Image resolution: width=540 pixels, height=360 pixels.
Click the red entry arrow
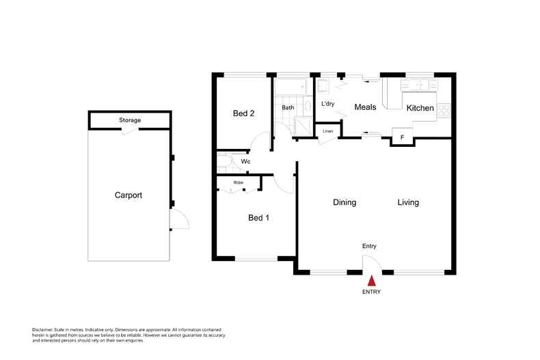click(x=371, y=280)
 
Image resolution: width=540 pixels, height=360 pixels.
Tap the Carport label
click(x=128, y=195)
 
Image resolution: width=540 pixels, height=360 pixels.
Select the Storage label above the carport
click(x=130, y=120)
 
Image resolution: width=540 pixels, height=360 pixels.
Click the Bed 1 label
click(x=258, y=218)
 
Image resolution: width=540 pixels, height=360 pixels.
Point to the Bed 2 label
click(x=243, y=114)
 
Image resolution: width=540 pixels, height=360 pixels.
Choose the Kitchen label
click(x=420, y=109)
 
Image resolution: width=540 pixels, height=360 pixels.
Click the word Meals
click(x=366, y=107)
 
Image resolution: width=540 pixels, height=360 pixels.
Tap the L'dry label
click(x=328, y=105)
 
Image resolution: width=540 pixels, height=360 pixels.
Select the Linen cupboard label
click(x=328, y=131)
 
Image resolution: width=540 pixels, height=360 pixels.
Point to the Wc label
click(x=246, y=162)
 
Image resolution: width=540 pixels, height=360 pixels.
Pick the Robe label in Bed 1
click(x=239, y=183)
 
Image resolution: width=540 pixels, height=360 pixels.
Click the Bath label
click(x=288, y=108)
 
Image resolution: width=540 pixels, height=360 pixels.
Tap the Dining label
click(x=345, y=203)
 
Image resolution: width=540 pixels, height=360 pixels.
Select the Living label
click(x=408, y=203)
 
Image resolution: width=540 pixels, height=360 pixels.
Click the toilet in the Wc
click(x=224, y=162)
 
